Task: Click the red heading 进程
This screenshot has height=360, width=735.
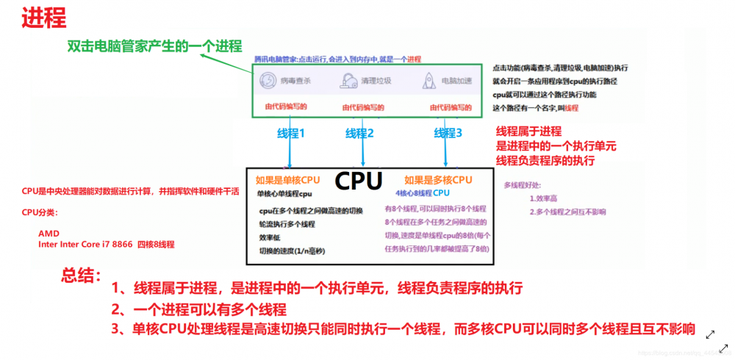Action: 43,18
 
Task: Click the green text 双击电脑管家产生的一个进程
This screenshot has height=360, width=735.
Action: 154,46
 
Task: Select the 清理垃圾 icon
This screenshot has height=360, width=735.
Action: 347,81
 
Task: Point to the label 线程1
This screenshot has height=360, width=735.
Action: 290,133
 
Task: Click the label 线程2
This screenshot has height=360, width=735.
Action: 360,133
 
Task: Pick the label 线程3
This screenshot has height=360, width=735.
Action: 448,133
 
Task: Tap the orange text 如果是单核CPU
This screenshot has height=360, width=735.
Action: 287,179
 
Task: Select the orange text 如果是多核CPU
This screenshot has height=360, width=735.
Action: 438,179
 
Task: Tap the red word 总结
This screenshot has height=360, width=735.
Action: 81,276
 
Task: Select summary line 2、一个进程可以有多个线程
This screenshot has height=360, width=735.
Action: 198,309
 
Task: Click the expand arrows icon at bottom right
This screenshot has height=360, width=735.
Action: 711,334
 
